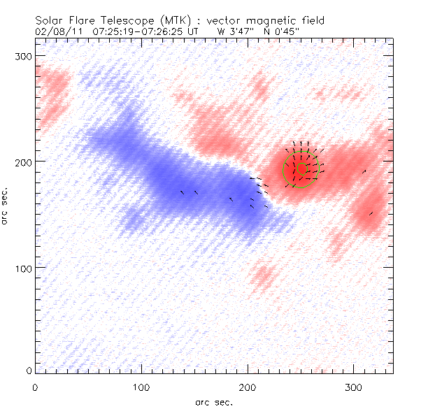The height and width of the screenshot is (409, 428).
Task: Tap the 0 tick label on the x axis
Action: tap(35, 387)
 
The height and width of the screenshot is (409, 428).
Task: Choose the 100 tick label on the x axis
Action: tap(141, 387)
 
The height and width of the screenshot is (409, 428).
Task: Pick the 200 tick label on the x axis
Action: tap(248, 387)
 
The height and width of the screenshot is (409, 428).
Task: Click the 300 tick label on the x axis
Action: tap(355, 387)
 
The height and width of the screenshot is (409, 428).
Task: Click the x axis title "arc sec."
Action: tap(213, 401)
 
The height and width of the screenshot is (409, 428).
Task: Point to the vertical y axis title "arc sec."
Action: tap(6, 206)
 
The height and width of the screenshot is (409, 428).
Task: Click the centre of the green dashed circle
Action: tap(301, 168)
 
